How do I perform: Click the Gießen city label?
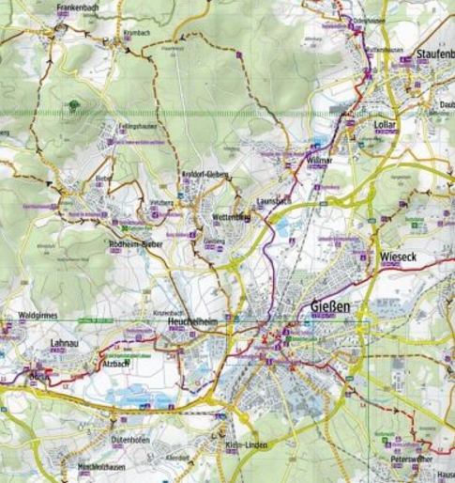329,306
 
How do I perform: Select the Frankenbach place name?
78,8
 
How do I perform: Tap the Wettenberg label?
232,218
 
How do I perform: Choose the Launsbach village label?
274,201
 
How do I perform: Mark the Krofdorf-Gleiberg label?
205,176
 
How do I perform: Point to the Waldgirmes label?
38,317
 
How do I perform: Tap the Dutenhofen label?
130,439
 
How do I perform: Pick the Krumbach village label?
136,32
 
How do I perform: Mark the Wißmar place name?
320,161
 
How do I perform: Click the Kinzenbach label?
167,309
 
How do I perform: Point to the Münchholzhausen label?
101,467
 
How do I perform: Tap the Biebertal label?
104,177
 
